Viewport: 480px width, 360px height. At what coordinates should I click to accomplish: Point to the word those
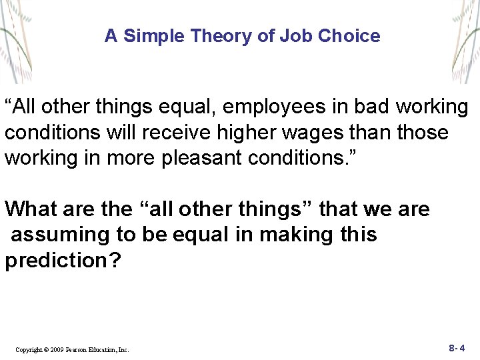[423, 133]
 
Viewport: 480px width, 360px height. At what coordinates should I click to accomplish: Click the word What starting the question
[32, 209]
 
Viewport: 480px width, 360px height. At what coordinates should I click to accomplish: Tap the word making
[301, 235]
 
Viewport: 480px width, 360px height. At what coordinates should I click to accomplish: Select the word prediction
[55, 260]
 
